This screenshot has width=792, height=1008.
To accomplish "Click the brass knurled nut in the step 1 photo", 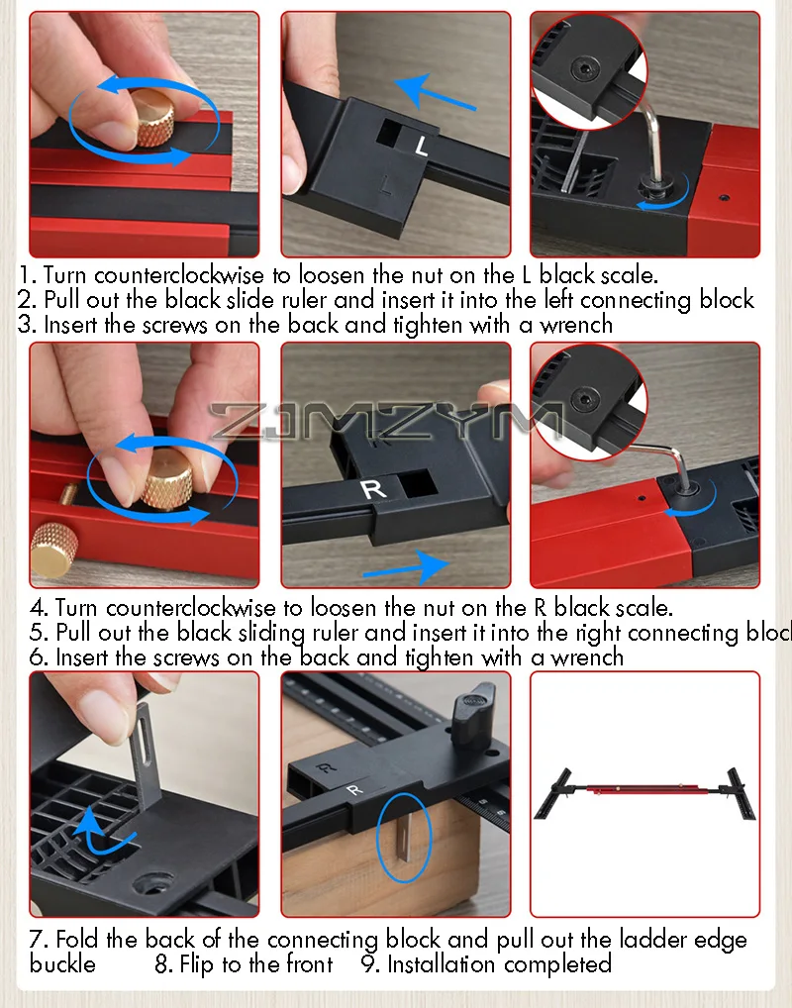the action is pyautogui.click(x=154, y=119).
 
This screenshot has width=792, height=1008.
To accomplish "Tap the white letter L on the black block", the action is pyautogui.click(x=421, y=146).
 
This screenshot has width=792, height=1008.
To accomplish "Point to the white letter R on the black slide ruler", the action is pyautogui.click(x=373, y=488).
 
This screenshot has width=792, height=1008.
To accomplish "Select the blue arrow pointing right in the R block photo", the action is pyautogui.click(x=406, y=565).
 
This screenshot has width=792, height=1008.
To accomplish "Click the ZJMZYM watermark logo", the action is pyautogui.click(x=387, y=421).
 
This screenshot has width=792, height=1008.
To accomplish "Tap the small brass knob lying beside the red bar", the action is pyautogui.click(x=53, y=548).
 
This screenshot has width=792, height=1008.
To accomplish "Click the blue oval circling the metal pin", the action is pyautogui.click(x=403, y=837).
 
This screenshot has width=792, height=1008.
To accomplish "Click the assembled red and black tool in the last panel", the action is pyautogui.click(x=644, y=794).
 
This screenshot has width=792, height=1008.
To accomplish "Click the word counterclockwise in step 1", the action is pyautogui.click(x=179, y=275).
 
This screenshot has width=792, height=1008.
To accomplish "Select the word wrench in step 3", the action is pyautogui.click(x=576, y=325).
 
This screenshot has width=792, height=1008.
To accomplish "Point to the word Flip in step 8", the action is pyautogui.click(x=196, y=964).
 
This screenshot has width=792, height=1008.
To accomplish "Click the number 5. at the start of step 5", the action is pyautogui.click(x=40, y=633).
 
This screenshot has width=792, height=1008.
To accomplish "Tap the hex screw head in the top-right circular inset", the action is pyautogui.click(x=585, y=67).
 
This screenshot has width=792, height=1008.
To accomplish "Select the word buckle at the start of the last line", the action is pyautogui.click(x=62, y=964).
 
